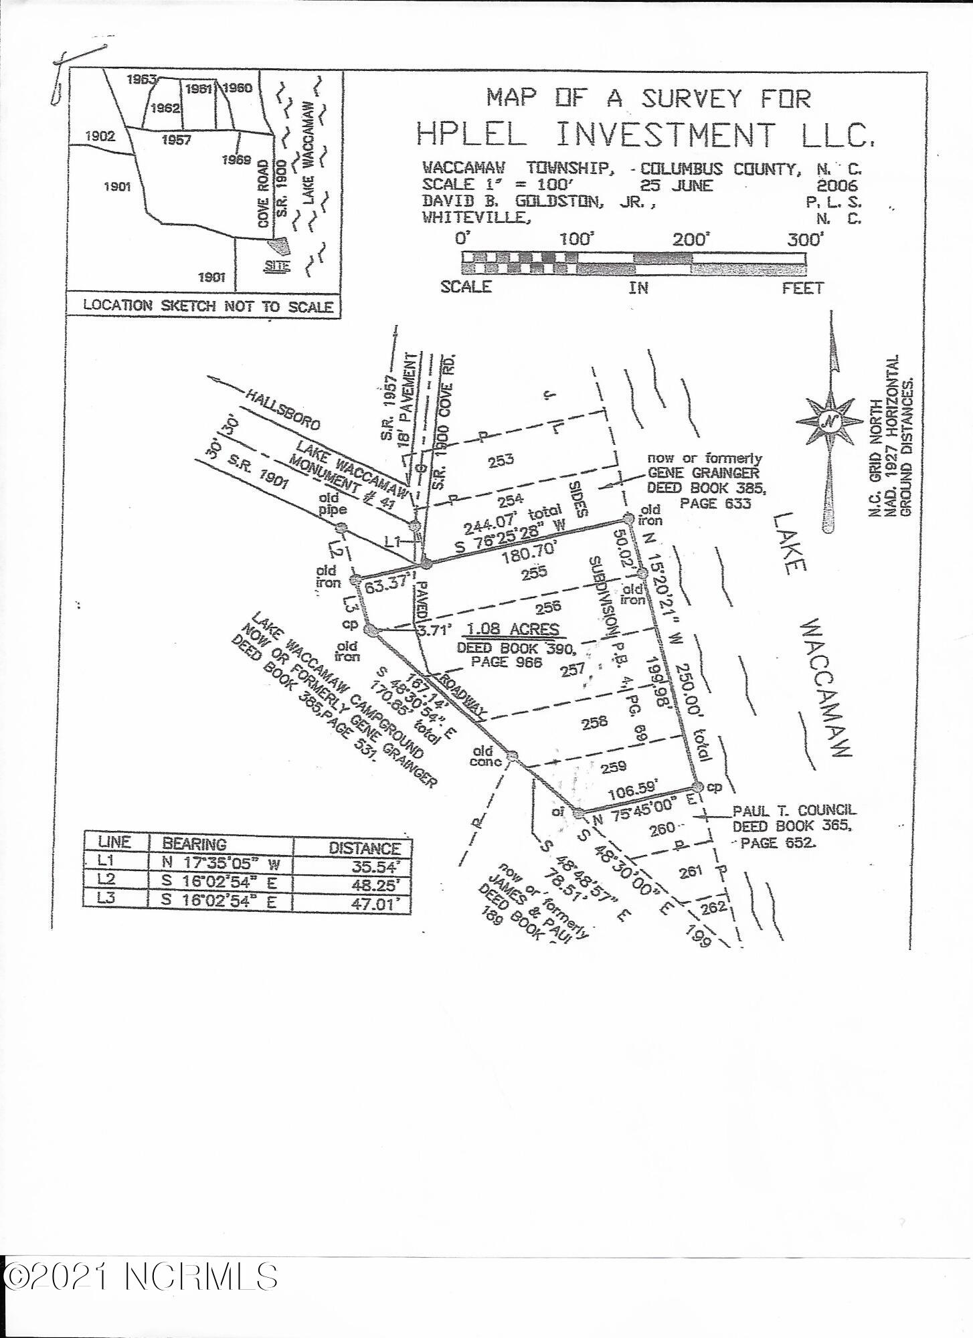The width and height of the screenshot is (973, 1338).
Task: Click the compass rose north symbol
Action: (829, 421)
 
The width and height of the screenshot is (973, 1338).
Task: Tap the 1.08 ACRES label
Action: (513, 630)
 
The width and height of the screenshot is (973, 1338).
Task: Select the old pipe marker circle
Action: (341, 527)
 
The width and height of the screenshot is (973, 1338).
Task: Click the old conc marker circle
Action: (513, 756)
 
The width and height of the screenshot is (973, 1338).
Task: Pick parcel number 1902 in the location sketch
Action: (100, 136)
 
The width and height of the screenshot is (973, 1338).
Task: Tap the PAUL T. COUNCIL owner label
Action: (794, 811)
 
